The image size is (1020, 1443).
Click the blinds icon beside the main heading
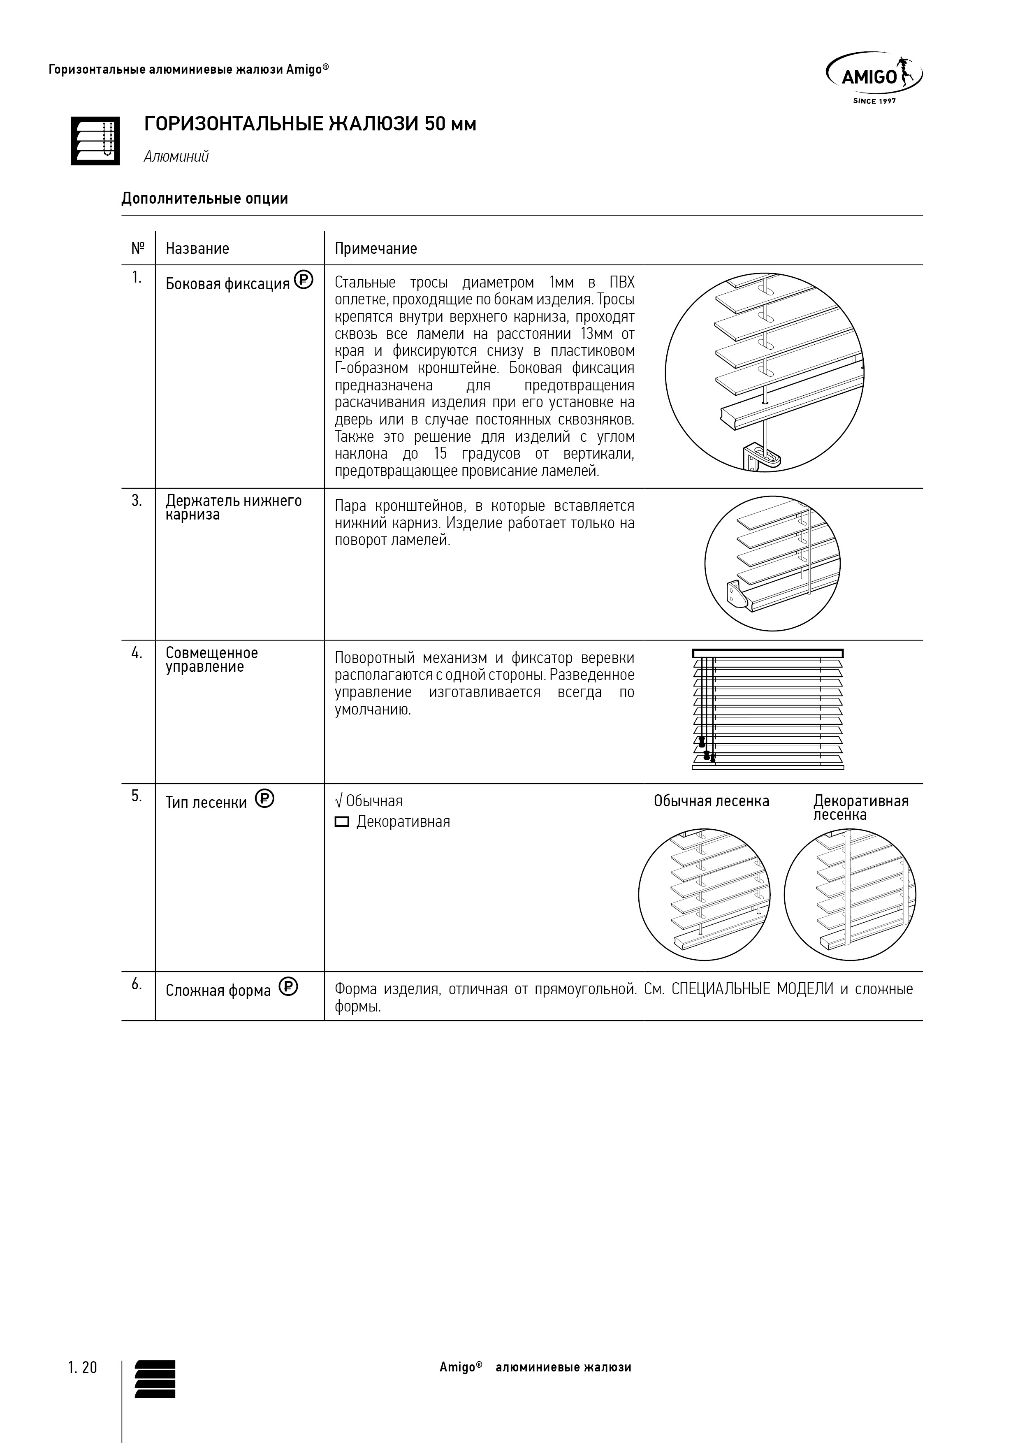[x=95, y=141]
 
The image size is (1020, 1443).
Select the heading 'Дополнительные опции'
[x=204, y=199]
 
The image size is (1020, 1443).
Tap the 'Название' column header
[x=197, y=248]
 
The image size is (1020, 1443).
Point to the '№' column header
[x=138, y=248]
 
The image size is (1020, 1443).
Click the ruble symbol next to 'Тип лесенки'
[x=264, y=799]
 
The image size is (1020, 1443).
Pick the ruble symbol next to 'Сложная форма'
[x=288, y=987]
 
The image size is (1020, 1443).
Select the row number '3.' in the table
[x=137, y=501]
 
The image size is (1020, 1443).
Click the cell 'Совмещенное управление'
[x=212, y=660]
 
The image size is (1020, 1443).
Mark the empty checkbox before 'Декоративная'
[x=342, y=822]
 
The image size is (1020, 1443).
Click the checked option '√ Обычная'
[x=369, y=801]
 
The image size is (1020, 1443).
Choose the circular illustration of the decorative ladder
[x=850, y=895]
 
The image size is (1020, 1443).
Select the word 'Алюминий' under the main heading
[x=176, y=156]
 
